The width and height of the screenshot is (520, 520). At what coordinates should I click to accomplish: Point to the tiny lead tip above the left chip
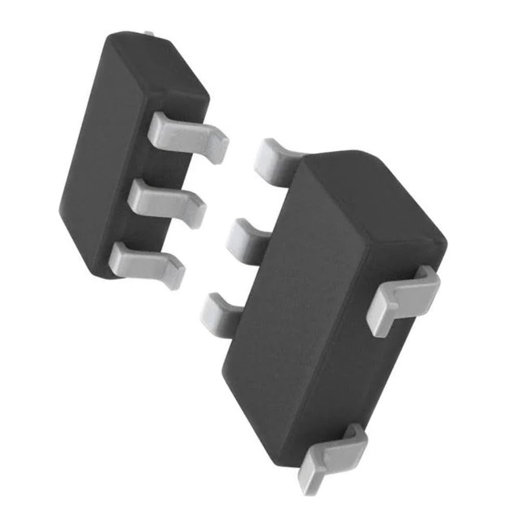(149, 34)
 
